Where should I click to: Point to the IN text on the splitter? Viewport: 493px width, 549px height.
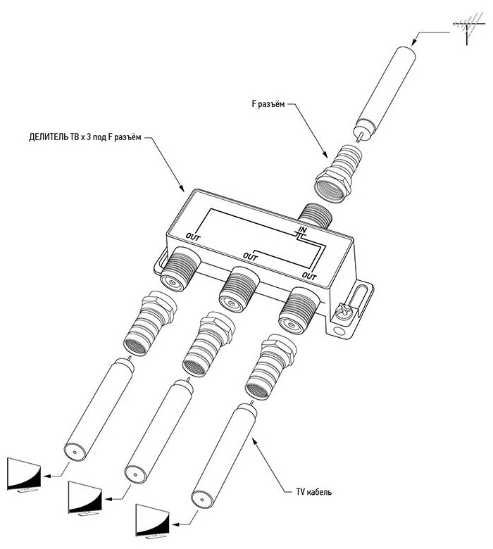(x=301, y=230)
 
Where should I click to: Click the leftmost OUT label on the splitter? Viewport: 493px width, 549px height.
(x=194, y=236)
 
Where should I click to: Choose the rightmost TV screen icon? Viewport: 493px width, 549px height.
(x=151, y=522)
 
